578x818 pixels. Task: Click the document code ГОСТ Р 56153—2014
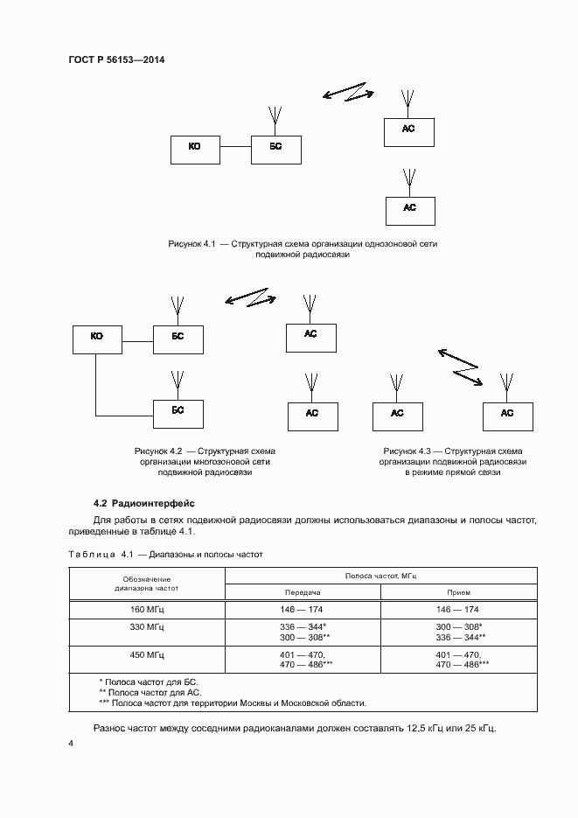pyautogui.click(x=117, y=60)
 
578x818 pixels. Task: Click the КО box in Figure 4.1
pyautogui.click(x=194, y=150)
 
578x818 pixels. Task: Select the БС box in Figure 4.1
pyautogui.click(x=275, y=150)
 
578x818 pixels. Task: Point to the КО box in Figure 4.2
pyautogui.click(x=96, y=339)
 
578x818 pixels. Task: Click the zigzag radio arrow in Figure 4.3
pyautogui.click(x=460, y=367)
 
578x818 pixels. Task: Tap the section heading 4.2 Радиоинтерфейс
pyautogui.click(x=144, y=503)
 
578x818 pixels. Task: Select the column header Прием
pyautogui.click(x=458, y=592)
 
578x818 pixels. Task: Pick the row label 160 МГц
pyautogui.click(x=146, y=610)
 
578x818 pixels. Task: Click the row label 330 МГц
pyautogui.click(x=146, y=627)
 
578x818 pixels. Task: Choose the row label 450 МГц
pyautogui.click(x=146, y=654)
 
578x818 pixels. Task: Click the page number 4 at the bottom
pyautogui.click(x=72, y=744)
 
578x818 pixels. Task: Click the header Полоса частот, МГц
pyautogui.click(x=380, y=575)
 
